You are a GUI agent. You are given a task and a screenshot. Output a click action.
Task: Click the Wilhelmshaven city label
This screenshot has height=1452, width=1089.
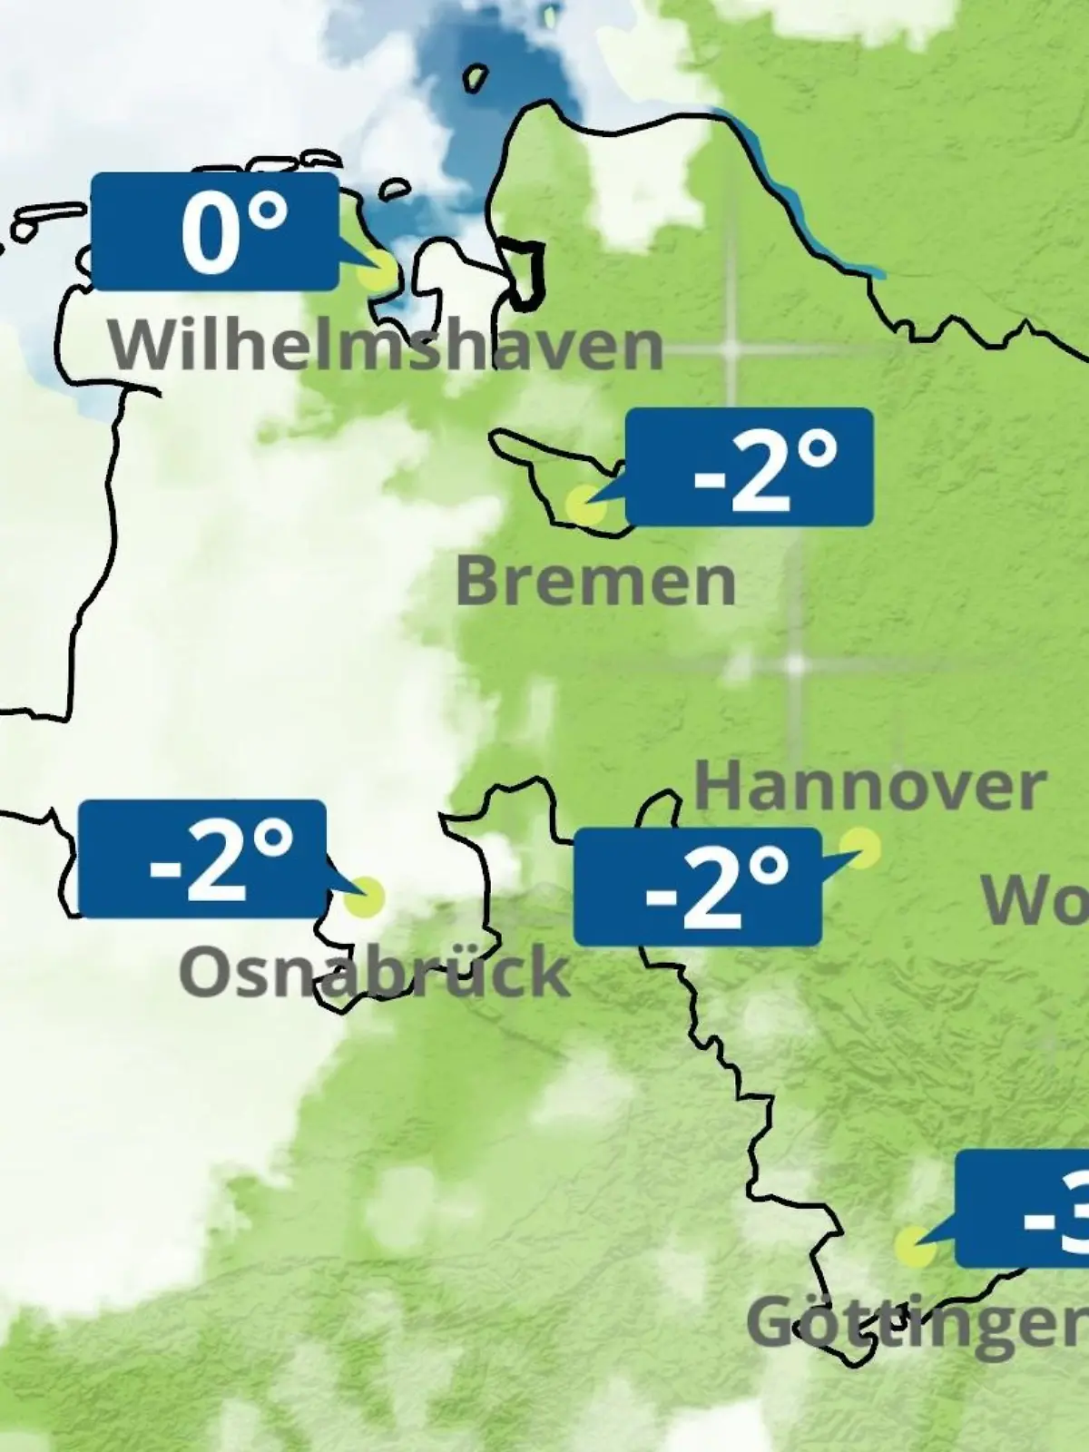pos(387,345)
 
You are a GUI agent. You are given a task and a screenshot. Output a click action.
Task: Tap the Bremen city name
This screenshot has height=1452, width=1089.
pos(595,582)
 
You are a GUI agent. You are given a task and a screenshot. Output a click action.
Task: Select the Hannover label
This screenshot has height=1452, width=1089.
pos(870,788)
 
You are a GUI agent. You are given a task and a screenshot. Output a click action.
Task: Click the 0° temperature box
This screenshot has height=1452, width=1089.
pos(216,232)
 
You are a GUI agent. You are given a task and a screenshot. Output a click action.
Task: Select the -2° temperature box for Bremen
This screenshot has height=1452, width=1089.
pos(750,466)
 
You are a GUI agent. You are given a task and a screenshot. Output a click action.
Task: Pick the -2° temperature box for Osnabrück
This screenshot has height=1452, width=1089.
pos(202,858)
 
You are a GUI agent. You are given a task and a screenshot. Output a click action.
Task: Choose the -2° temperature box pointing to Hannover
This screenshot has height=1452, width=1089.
pos(698,886)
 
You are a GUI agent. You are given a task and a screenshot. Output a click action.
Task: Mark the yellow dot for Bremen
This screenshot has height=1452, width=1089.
pos(584,504)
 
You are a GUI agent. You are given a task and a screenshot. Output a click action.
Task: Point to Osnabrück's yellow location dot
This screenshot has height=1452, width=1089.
pos(365,897)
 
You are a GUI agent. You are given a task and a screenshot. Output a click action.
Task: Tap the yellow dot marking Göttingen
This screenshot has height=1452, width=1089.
pos(915,1247)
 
